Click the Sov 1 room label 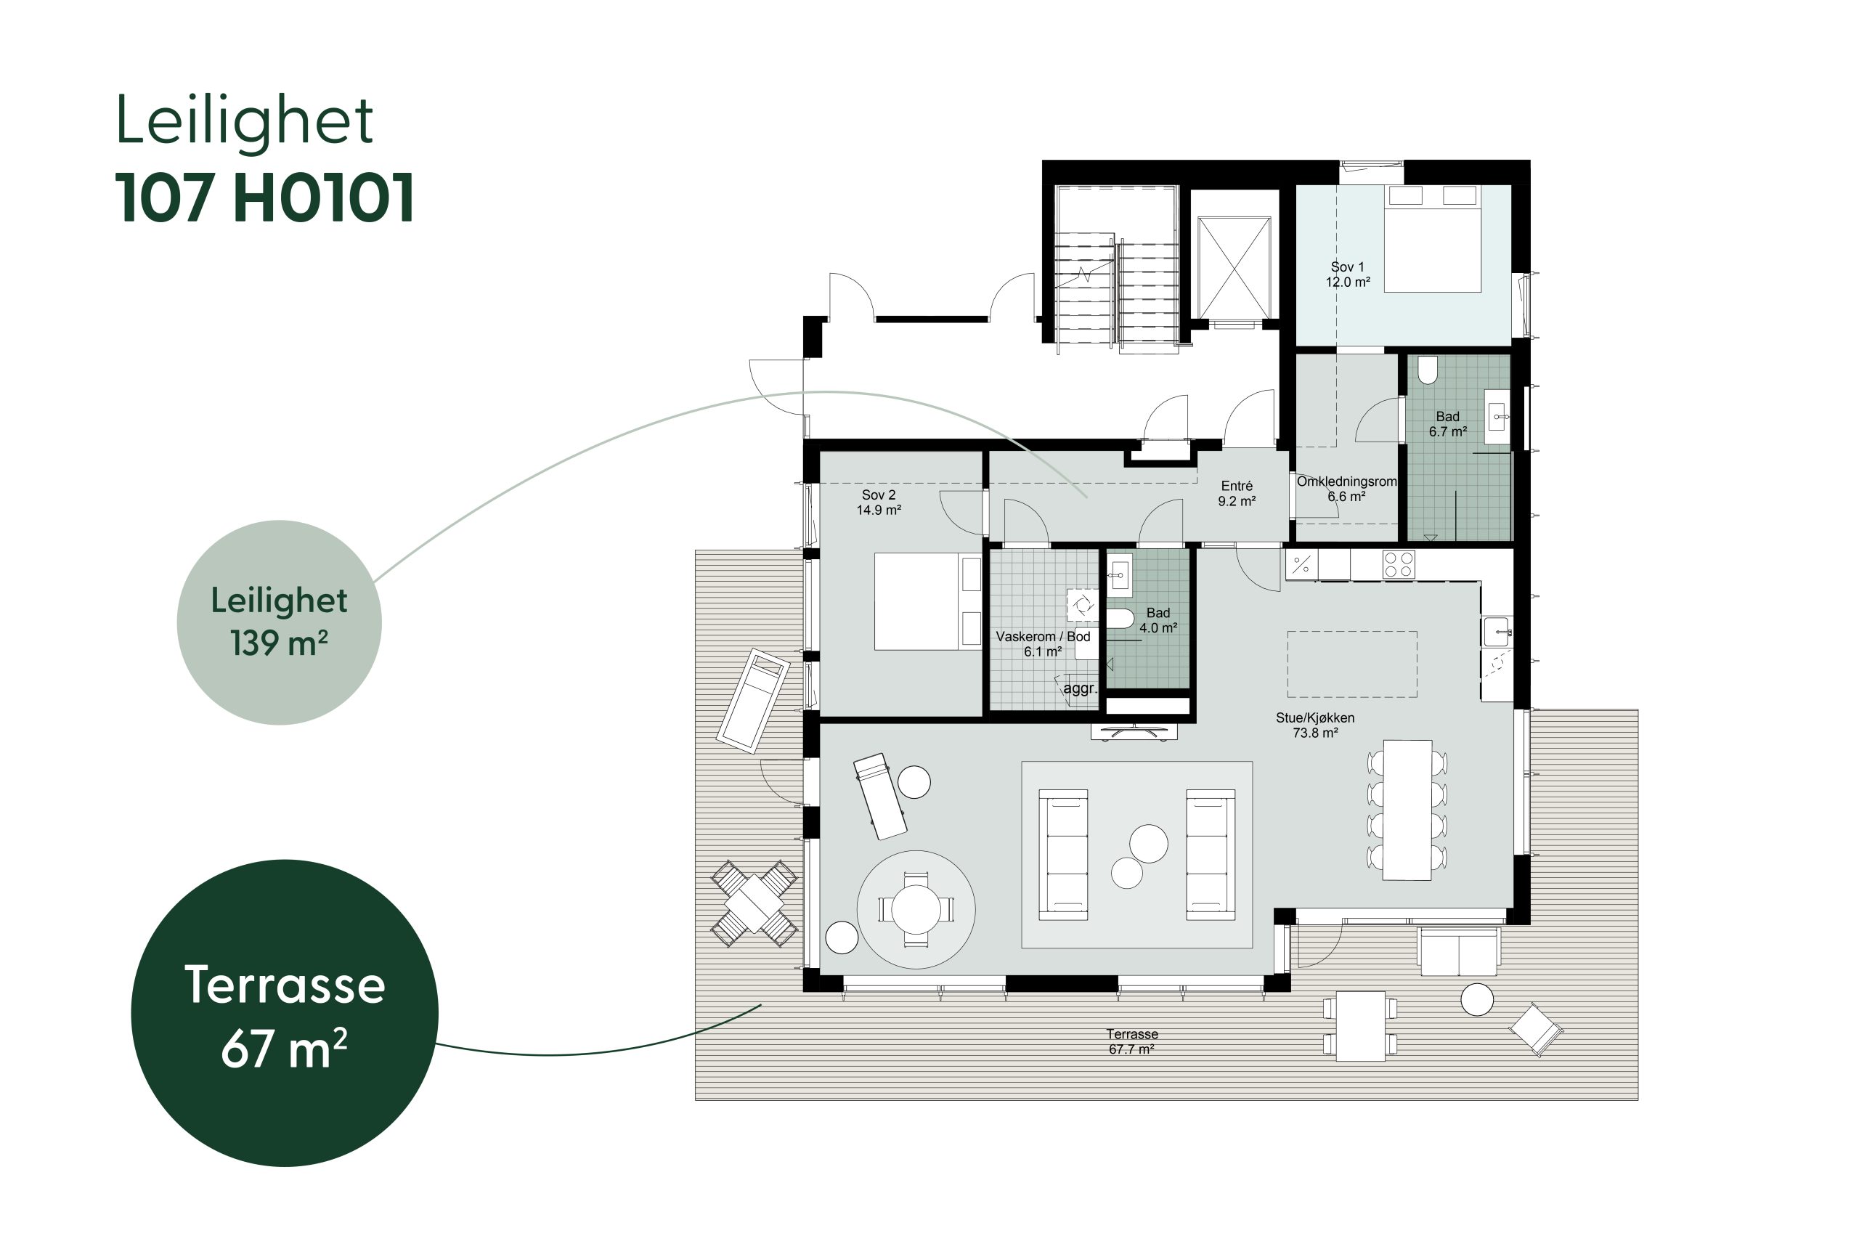(x=1348, y=274)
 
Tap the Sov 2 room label (x=879, y=503)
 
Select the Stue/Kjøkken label (x=1315, y=725)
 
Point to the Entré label (x=1237, y=494)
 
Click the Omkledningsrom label (x=1346, y=489)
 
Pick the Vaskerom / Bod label (x=1043, y=644)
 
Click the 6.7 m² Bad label (x=1448, y=424)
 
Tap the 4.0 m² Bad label (x=1158, y=620)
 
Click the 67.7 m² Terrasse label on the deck (x=1132, y=1042)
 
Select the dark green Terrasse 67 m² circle (x=285, y=1013)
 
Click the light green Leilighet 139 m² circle (x=279, y=622)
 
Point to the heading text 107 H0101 (x=265, y=197)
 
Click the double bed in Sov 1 (x=1433, y=237)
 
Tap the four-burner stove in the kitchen (x=1399, y=564)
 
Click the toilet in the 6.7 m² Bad (x=1428, y=370)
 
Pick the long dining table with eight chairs (x=1407, y=810)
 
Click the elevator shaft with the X (x=1234, y=267)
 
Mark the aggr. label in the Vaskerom (x=1079, y=688)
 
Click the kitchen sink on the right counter (x=1497, y=631)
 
